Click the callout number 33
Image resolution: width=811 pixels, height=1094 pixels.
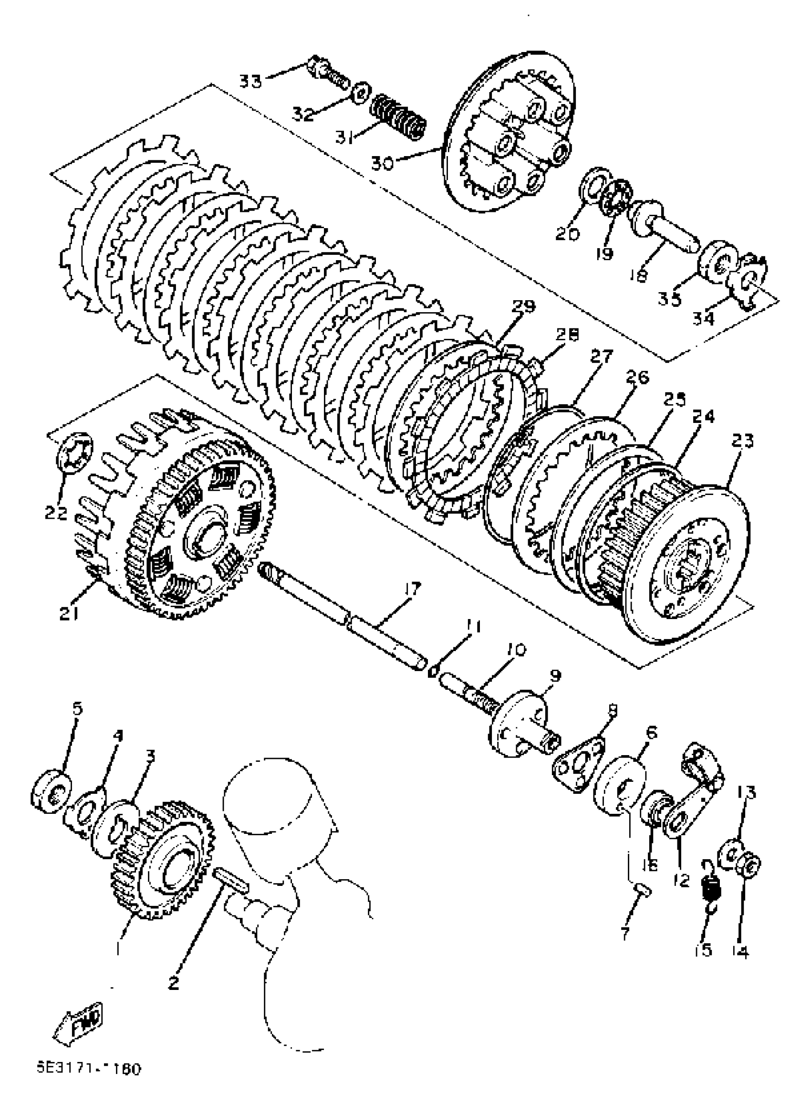250,81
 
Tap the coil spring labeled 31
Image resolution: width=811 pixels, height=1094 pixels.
398,118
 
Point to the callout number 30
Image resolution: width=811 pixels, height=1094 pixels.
382,163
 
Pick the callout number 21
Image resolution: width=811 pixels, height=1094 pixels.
69,613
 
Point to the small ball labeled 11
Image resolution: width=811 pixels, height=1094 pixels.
432,672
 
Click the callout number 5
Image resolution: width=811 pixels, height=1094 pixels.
77,709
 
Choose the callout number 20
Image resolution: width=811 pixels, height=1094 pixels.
567,234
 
